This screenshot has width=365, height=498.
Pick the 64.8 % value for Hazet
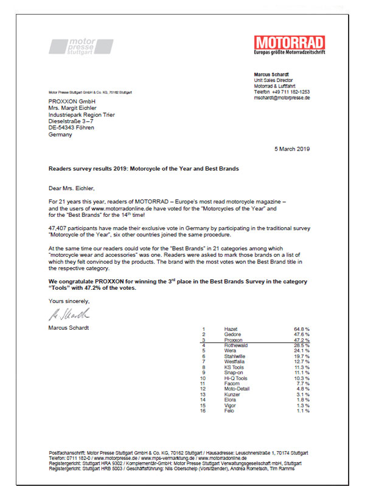coord(302,328)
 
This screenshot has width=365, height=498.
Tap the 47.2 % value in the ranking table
coord(302,340)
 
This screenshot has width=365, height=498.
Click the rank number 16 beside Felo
coord(204,411)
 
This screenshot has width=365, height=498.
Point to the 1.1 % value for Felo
coord(302,411)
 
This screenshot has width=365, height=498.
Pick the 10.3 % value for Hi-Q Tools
coord(302,378)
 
